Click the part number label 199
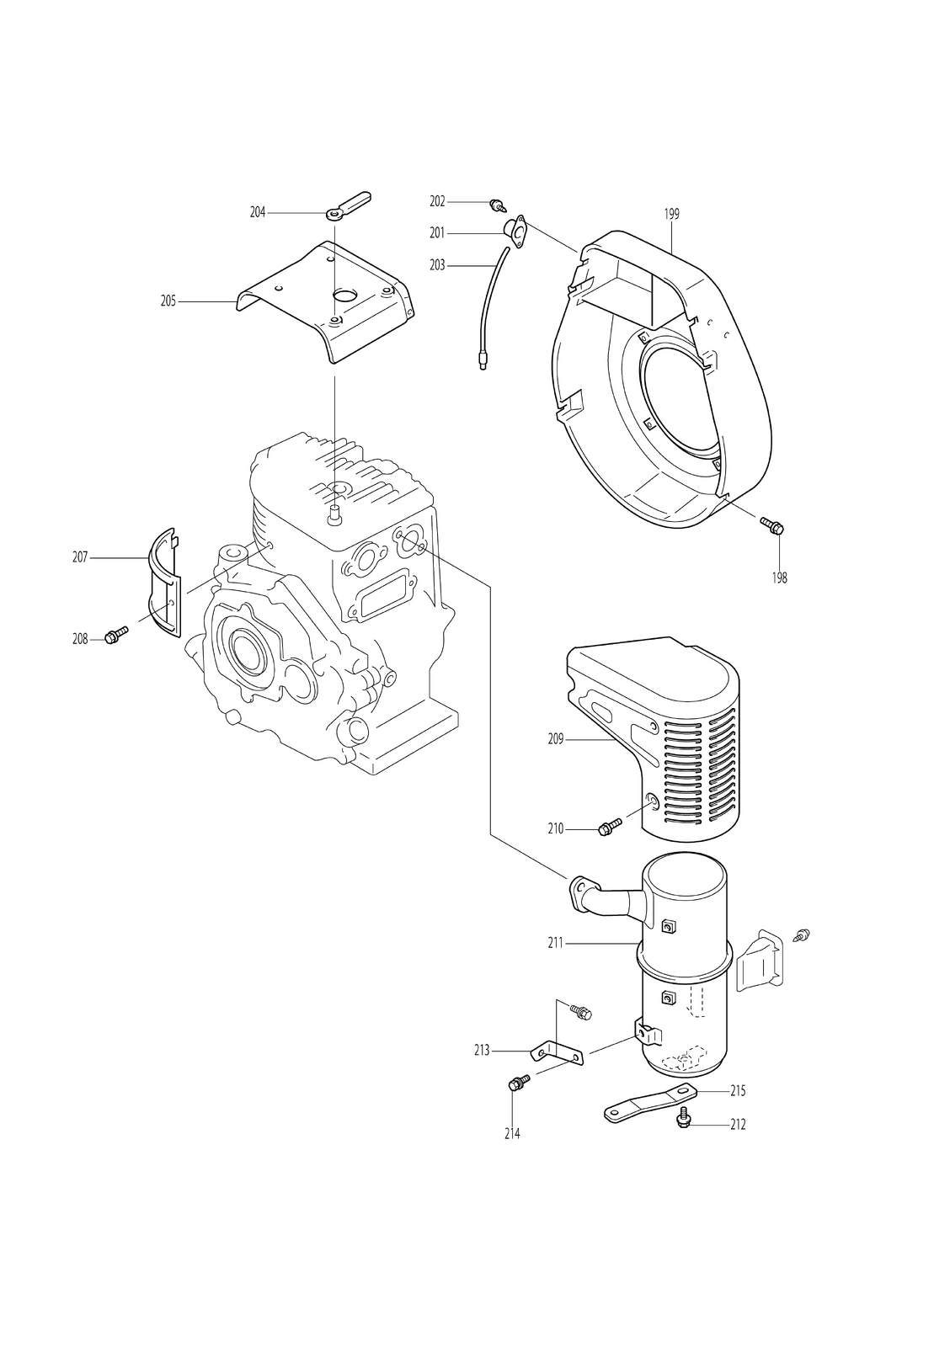(x=671, y=214)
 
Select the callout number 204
(x=258, y=212)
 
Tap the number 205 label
(x=168, y=301)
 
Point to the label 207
(x=80, y=557)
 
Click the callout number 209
(x=556, y=739)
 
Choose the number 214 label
(x=512, y=1133)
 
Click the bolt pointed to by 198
(x=771, y=525)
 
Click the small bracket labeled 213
(x=558, y=1054)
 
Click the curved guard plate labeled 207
(x=164, y=581)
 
